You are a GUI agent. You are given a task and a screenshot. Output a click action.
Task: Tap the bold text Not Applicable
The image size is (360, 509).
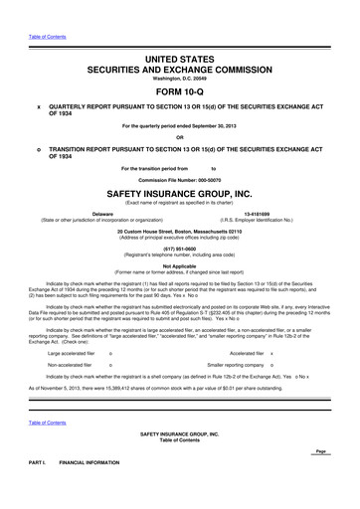[x=180, y=267]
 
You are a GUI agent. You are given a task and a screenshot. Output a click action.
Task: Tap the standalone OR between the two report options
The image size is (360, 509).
[x=180, y=136]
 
